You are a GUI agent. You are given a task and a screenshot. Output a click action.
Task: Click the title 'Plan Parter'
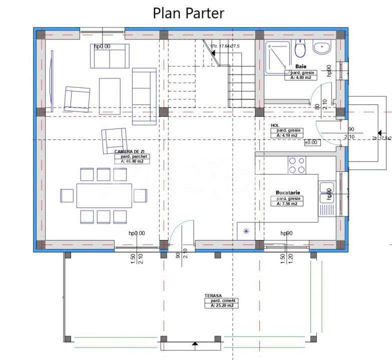188,12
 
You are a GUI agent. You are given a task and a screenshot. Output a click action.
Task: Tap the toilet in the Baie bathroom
300,49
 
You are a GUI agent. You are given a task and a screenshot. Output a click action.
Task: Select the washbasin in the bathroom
322,48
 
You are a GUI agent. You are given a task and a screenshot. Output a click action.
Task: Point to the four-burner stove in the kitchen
296,165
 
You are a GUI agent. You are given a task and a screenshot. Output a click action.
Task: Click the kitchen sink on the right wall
326,190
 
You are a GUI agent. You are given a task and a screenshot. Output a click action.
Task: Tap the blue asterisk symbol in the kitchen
246,231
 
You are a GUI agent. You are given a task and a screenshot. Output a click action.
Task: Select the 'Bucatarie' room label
287,192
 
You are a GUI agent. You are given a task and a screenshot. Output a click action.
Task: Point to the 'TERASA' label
213,296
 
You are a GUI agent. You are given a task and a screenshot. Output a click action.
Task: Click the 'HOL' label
274,125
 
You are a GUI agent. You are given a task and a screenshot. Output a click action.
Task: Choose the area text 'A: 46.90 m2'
132,161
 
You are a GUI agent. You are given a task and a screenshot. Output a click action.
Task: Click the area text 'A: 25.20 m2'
221,305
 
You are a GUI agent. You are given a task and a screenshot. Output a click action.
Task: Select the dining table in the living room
104,195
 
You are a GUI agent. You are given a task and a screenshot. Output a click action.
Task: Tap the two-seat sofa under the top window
110,56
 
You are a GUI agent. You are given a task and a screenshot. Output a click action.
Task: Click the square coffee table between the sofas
110,95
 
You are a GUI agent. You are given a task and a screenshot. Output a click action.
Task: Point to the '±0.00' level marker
311,142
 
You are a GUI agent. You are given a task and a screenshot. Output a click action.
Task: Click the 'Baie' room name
301,66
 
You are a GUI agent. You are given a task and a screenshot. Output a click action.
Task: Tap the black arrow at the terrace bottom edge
194,343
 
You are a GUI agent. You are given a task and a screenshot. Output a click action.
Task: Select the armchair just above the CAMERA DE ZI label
114,139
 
